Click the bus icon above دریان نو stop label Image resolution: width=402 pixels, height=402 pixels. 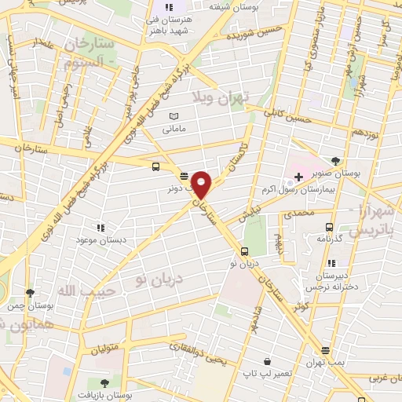[x=245, y=252]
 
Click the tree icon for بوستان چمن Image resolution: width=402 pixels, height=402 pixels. [x=30, y=292]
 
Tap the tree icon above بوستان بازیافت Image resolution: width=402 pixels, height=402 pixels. [x=104, y=382]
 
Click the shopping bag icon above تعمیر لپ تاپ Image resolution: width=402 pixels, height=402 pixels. [x=269, y=361]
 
